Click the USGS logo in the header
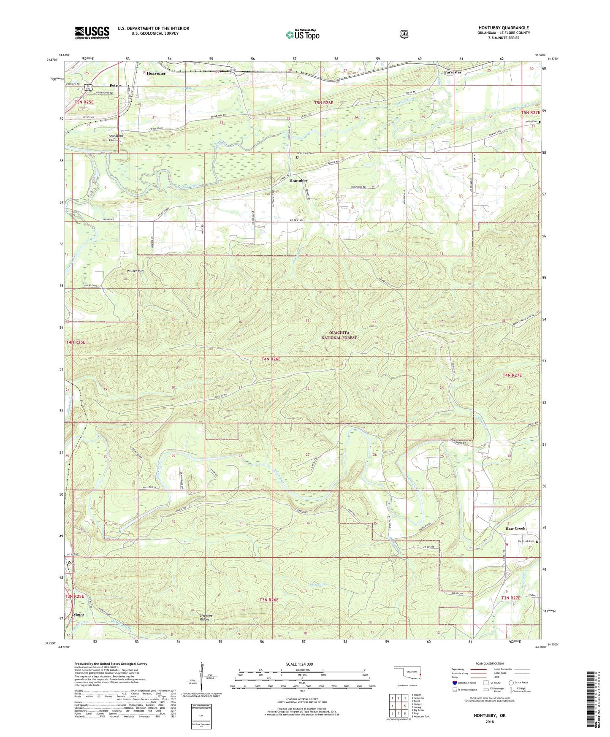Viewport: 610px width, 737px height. (92, 33)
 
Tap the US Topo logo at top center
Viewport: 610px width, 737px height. (302, 35)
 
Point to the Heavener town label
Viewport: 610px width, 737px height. (156, 73)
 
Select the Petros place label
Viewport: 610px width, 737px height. (116, 85)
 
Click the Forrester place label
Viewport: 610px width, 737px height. (452, 72)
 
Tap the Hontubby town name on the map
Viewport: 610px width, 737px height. (298, 181)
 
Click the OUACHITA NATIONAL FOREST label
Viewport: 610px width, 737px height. (339, 335)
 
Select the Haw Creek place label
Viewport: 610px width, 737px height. (515, 528)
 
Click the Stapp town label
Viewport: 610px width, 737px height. (79, 615)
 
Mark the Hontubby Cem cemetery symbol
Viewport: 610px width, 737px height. (297, 157)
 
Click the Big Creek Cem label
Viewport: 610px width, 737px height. (526, 542)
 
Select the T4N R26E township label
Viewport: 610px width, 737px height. (271, 359)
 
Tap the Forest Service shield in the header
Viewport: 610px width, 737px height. (404, 34)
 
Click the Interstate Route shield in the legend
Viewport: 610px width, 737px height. (454, 683)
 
